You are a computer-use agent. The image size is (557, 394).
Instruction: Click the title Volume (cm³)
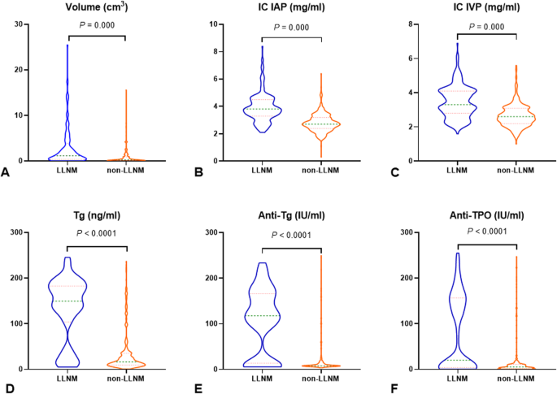tap(96, 9)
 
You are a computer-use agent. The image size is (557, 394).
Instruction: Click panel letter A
tap(7, 172)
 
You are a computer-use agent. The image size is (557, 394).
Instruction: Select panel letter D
tap(7, 379)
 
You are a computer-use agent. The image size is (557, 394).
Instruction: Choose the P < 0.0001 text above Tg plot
tap(96, 234)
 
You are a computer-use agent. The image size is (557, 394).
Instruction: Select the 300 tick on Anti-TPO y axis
tap(404, 232)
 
